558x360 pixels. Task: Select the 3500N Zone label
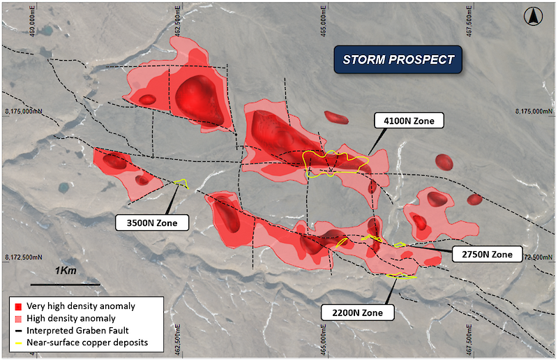point(152,223)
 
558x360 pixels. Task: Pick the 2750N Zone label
point(487,254)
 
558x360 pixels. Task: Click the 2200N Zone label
point(357,313)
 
